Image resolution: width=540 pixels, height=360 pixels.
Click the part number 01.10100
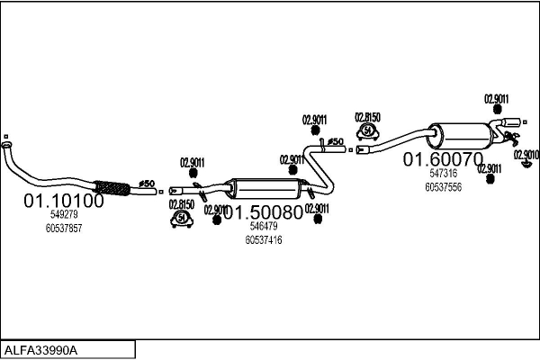63,201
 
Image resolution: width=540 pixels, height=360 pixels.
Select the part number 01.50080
263,213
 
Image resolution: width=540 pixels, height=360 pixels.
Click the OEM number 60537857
63,229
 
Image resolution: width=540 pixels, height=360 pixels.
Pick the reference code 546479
263,227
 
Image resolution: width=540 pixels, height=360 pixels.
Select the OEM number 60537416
263,240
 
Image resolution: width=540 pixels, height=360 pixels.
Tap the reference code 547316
443,174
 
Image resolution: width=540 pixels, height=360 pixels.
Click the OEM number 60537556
443,187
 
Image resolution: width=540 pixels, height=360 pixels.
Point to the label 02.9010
526,154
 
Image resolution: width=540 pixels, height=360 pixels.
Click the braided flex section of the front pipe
113,188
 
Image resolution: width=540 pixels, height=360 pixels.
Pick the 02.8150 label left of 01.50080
183,204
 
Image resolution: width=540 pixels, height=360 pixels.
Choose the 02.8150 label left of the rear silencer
367,117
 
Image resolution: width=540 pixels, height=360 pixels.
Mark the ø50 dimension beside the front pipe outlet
146,184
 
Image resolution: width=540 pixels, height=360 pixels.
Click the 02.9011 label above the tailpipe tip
497,99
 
